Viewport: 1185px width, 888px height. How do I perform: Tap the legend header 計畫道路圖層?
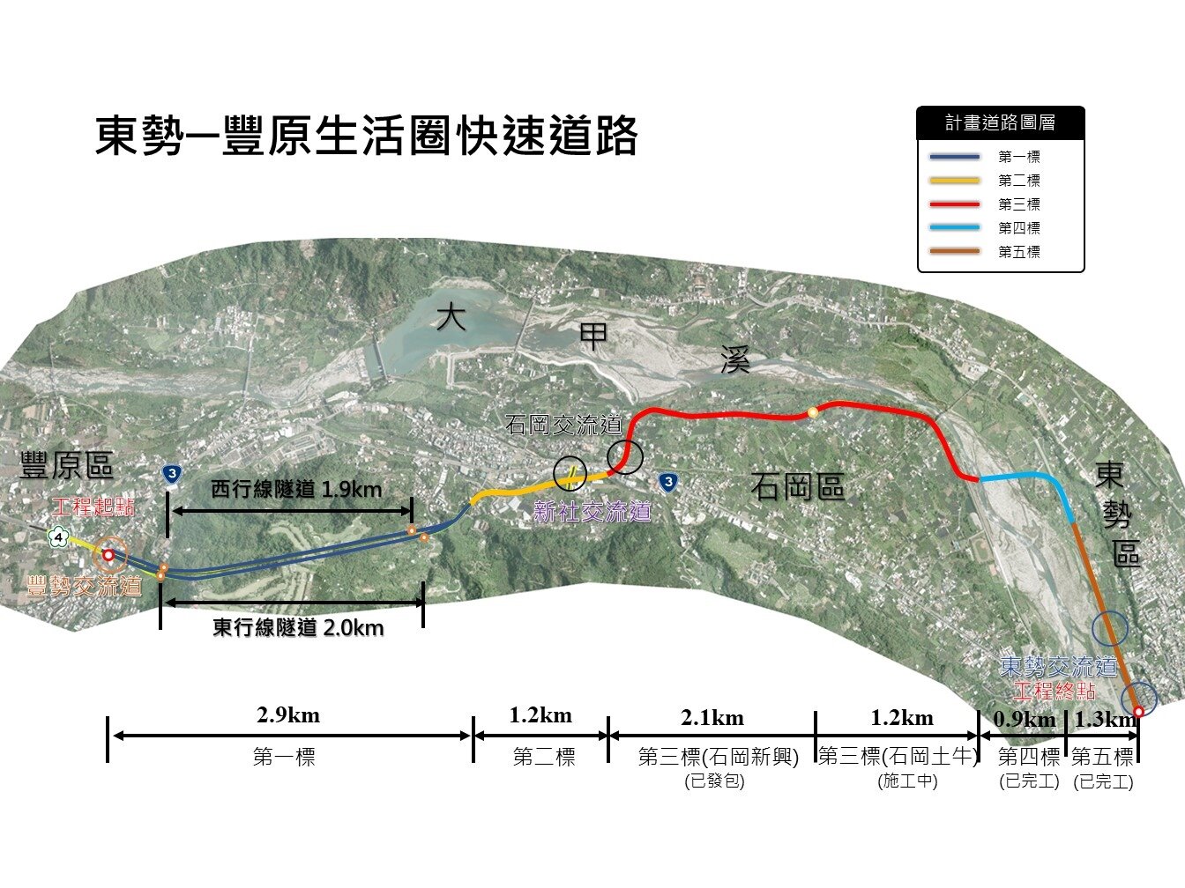[1000, 123]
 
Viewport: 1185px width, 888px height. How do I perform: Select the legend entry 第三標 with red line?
[1018, 204]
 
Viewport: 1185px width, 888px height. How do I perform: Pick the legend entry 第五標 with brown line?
[1018, 252]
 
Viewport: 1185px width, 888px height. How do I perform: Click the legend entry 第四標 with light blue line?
[1018, 228]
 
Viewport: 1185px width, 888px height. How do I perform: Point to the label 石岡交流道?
[564, 426]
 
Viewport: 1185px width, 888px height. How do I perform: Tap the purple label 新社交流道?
[592, 512]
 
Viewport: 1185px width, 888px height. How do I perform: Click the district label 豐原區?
[67, 466]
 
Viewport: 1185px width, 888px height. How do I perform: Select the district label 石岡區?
[798, 487]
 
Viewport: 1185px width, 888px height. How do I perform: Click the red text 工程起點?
[93, 507]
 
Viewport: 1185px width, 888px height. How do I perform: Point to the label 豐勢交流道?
[85, 587]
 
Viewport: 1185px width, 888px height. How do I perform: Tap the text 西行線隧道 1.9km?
[296, 489]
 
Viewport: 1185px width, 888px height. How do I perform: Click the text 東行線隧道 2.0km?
[298, 628]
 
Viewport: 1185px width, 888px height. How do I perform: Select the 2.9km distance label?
[288, 715]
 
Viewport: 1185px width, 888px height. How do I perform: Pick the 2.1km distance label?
[712, 718]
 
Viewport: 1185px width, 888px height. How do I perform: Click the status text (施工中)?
[908, 781]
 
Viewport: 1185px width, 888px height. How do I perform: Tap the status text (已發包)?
[714, 781]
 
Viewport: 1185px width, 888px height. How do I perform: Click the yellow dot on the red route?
[813, 412]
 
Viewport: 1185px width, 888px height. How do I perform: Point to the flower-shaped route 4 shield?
[58, 535]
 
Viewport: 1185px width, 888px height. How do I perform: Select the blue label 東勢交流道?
[1059, 667]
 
